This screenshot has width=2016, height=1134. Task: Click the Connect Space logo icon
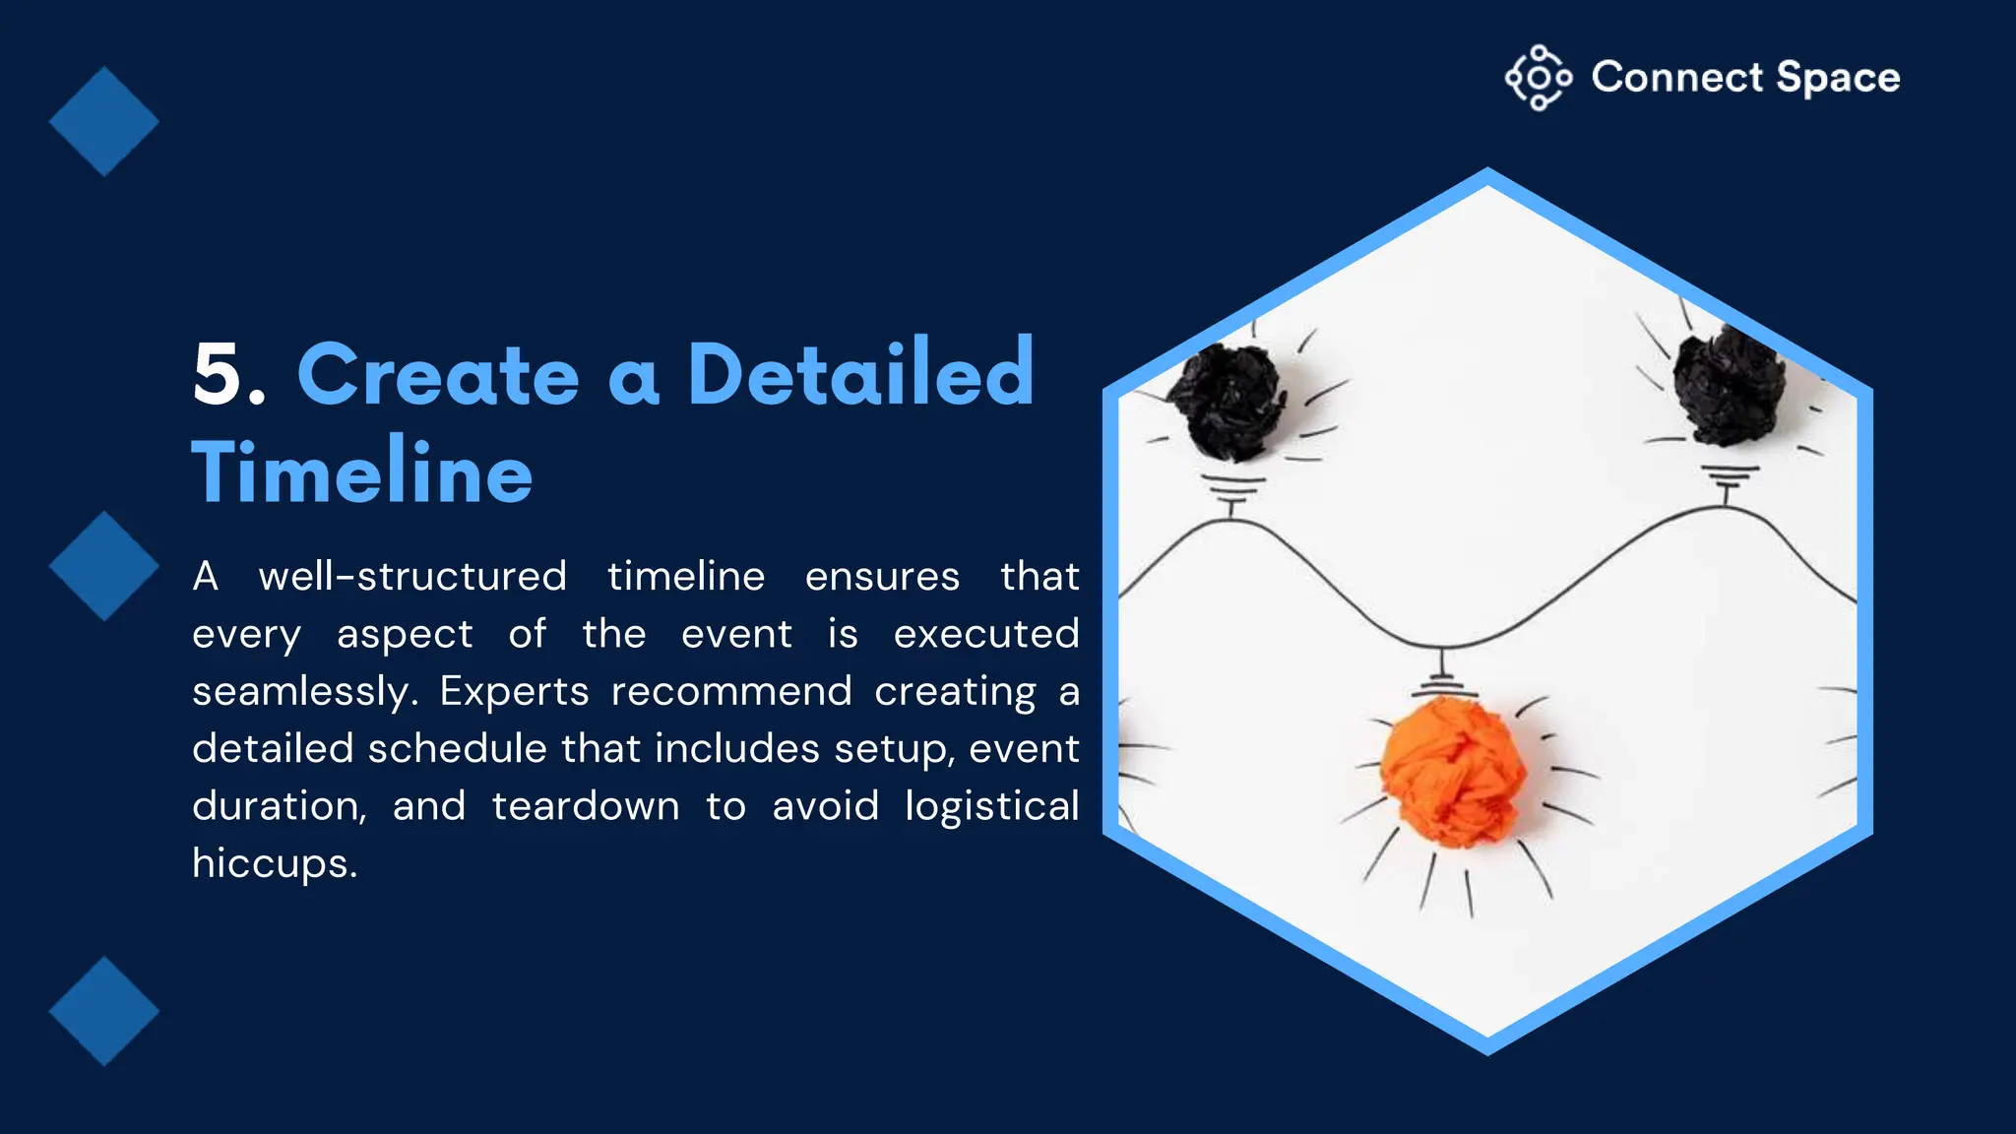(1538, 77)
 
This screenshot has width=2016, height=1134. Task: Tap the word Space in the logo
(1838, 78)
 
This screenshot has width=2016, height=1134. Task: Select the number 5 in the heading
(219, 374)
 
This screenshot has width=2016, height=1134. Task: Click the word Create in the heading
(438, 374)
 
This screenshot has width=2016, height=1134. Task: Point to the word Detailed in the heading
(860, 374)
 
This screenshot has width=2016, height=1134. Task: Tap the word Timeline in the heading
(362, 472)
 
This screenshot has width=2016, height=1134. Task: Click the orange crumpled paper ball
(1451, 770)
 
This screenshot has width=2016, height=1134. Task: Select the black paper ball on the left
(1228, 401)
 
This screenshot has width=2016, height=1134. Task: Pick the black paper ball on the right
(1729, 387)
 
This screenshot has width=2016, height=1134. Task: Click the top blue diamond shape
(103, 121)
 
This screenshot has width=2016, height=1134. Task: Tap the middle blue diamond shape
(103, 566)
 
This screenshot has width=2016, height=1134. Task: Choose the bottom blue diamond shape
(103, 1011)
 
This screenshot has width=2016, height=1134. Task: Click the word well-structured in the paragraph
(412, 577)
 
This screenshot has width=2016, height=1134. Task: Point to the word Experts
(514, 691)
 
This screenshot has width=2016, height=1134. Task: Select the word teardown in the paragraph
(586, 806)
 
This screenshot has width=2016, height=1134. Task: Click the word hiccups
(274, 863)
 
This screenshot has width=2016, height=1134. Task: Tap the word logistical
(991, 806)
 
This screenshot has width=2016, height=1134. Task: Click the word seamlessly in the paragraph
(305, 691)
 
